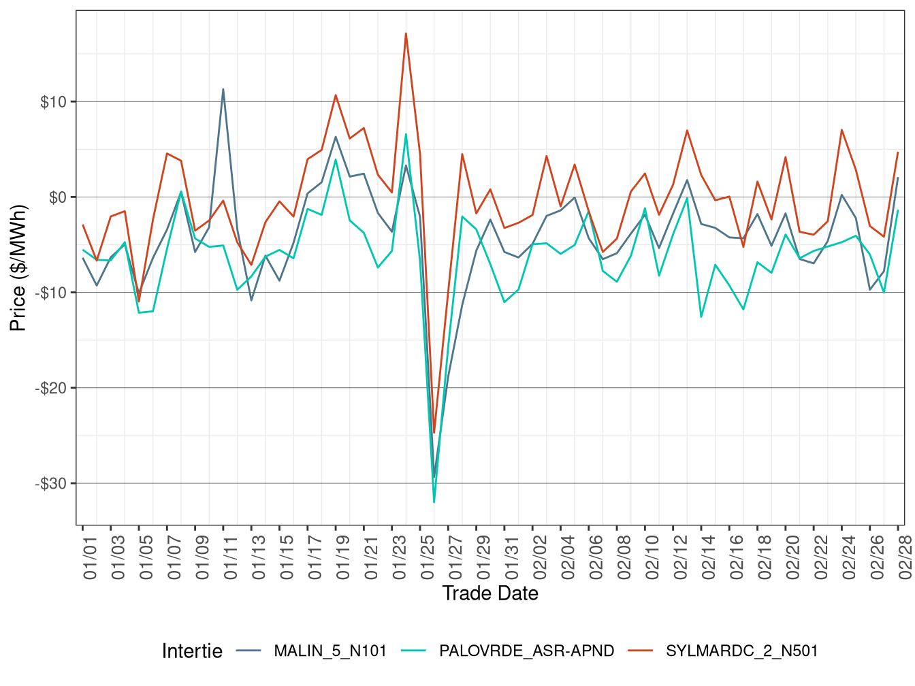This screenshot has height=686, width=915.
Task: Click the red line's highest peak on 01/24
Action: pos(406,33)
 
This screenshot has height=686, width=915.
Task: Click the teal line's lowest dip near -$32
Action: pos(434,502)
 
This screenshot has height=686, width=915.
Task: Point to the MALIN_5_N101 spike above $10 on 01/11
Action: pos(223,89)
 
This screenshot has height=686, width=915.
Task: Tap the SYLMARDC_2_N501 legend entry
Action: pos(741,651)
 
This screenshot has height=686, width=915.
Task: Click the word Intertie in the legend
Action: pos(192,651)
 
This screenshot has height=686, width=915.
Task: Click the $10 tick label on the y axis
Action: pos(53,102)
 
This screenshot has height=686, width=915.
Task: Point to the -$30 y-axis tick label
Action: pos(51,484)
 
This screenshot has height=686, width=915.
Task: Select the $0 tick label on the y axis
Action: pos(57,197)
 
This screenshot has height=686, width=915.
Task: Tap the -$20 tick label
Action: pos(51,388)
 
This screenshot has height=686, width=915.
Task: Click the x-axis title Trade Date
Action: pos(490,593)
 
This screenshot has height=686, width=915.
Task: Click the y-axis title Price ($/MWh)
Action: pos(18,267)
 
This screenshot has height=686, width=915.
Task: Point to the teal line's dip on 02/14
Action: pos(701,317)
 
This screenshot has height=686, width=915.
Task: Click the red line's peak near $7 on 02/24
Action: pos(842,130)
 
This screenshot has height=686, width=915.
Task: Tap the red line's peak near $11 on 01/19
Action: pos(336,95)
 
